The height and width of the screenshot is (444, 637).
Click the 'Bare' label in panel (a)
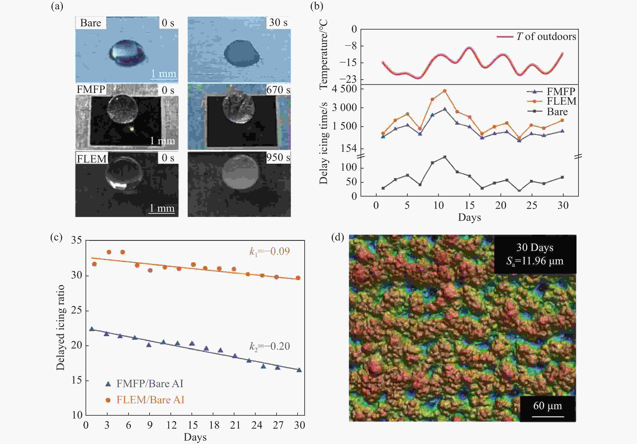90,23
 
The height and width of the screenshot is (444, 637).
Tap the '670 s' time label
278,90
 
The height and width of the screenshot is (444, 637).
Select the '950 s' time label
278,157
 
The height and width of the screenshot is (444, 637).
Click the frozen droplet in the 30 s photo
242,53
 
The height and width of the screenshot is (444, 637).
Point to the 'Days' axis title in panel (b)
469,217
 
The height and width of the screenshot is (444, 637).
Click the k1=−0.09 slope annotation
269,252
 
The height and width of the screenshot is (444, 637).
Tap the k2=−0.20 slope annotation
269,346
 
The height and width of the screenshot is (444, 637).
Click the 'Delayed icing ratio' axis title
60,328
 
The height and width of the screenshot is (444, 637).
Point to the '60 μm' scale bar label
547,406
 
